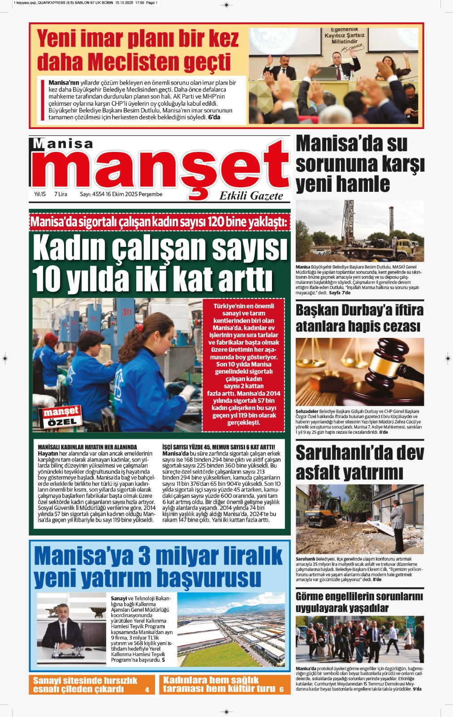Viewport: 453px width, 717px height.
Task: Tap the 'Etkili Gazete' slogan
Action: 251,196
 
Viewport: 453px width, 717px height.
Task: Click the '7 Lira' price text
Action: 60,194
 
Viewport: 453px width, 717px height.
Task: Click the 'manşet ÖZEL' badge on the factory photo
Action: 61,416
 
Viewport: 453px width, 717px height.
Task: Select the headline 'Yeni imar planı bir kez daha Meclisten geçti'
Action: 138,50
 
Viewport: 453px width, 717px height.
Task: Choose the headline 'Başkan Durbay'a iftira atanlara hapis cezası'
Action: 359,318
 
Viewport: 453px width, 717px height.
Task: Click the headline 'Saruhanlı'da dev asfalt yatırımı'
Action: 359,462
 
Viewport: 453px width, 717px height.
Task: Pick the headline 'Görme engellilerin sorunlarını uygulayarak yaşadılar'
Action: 359,602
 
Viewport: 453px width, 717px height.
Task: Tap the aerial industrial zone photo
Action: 231,630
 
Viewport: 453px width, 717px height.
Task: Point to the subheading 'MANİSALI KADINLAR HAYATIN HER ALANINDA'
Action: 87,447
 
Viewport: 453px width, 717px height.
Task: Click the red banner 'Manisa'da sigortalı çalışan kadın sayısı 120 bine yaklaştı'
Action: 160,222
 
